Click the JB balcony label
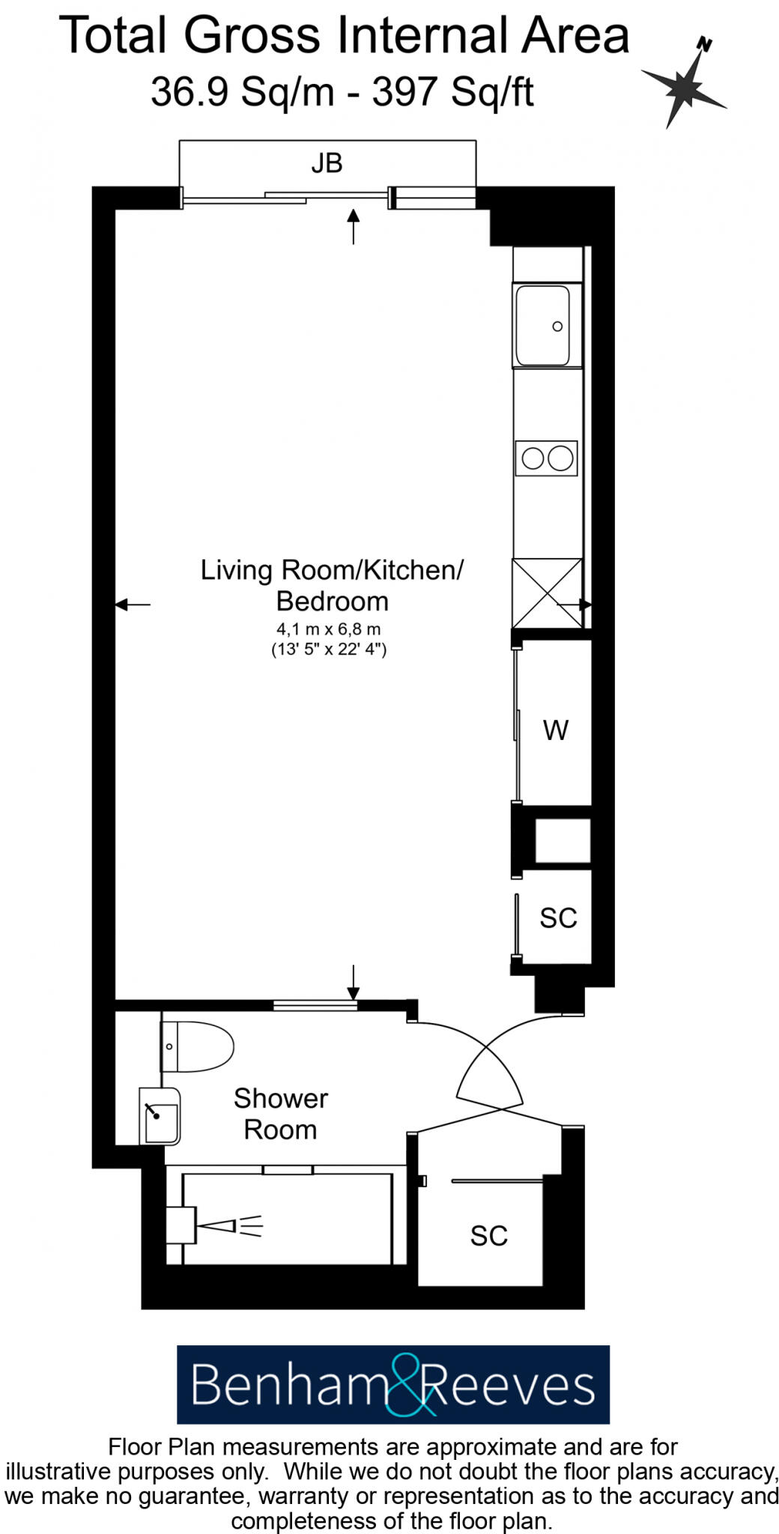click(x=327, y=163)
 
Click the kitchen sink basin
click(x=542, y=325)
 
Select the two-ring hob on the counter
click(x=547, y=458)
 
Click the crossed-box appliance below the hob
click(x=548, y=593)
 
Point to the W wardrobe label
click(x=556, y=730)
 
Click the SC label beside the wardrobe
click(x=558, y=918)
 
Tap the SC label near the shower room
click(x=488, y=1236)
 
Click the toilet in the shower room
click(x=196, y=1046)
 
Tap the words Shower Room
click(x=280, y=1114)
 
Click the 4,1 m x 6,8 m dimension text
click(x=328, y=629)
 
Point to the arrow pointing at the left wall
click(x=133, y=604)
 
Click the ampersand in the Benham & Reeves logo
click(x=410, y=1384)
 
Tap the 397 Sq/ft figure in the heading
click(x=452, y=93)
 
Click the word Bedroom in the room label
click(x=332, y=601)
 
